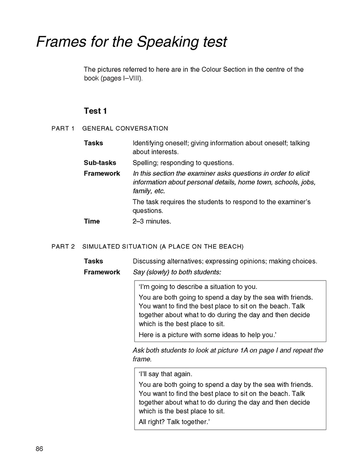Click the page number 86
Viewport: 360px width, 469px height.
pos(39,449)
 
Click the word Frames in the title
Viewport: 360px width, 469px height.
pos(61,42)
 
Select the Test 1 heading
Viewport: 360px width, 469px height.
pos(95,111)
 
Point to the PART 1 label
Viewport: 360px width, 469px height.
pos(63,128)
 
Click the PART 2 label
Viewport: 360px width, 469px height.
pos(63,246)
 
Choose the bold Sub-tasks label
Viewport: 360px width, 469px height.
pos(100,163)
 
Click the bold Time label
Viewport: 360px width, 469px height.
pos(92,221)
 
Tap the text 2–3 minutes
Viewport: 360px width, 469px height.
pos(152,221)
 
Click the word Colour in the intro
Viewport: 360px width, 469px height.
pos(213,70)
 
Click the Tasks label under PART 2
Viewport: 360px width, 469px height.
pos(93,261)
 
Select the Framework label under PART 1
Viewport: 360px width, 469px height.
pos(102,173)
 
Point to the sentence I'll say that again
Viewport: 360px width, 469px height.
pos(162,373)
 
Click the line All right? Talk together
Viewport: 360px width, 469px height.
pos(174,422)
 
